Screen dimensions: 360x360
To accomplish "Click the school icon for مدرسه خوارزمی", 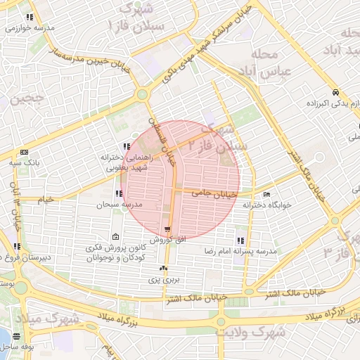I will coord(29,17).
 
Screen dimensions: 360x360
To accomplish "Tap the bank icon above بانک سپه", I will coord(25,152).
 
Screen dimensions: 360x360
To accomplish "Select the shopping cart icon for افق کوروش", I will coord(167,229).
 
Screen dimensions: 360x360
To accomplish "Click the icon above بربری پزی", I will coord(164,268).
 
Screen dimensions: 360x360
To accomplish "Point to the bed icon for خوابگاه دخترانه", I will coord(266,194).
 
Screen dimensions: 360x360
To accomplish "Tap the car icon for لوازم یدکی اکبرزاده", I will coord(337,92).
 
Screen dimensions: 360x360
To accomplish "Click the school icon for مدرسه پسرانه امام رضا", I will coord(241,240).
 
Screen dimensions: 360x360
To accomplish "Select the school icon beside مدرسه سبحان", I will coord(117,193).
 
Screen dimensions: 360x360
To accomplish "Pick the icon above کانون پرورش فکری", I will coord(116,237).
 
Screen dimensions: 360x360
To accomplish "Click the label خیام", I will coord(45,200).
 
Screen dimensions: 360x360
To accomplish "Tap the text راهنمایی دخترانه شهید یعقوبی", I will coord(105,163).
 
